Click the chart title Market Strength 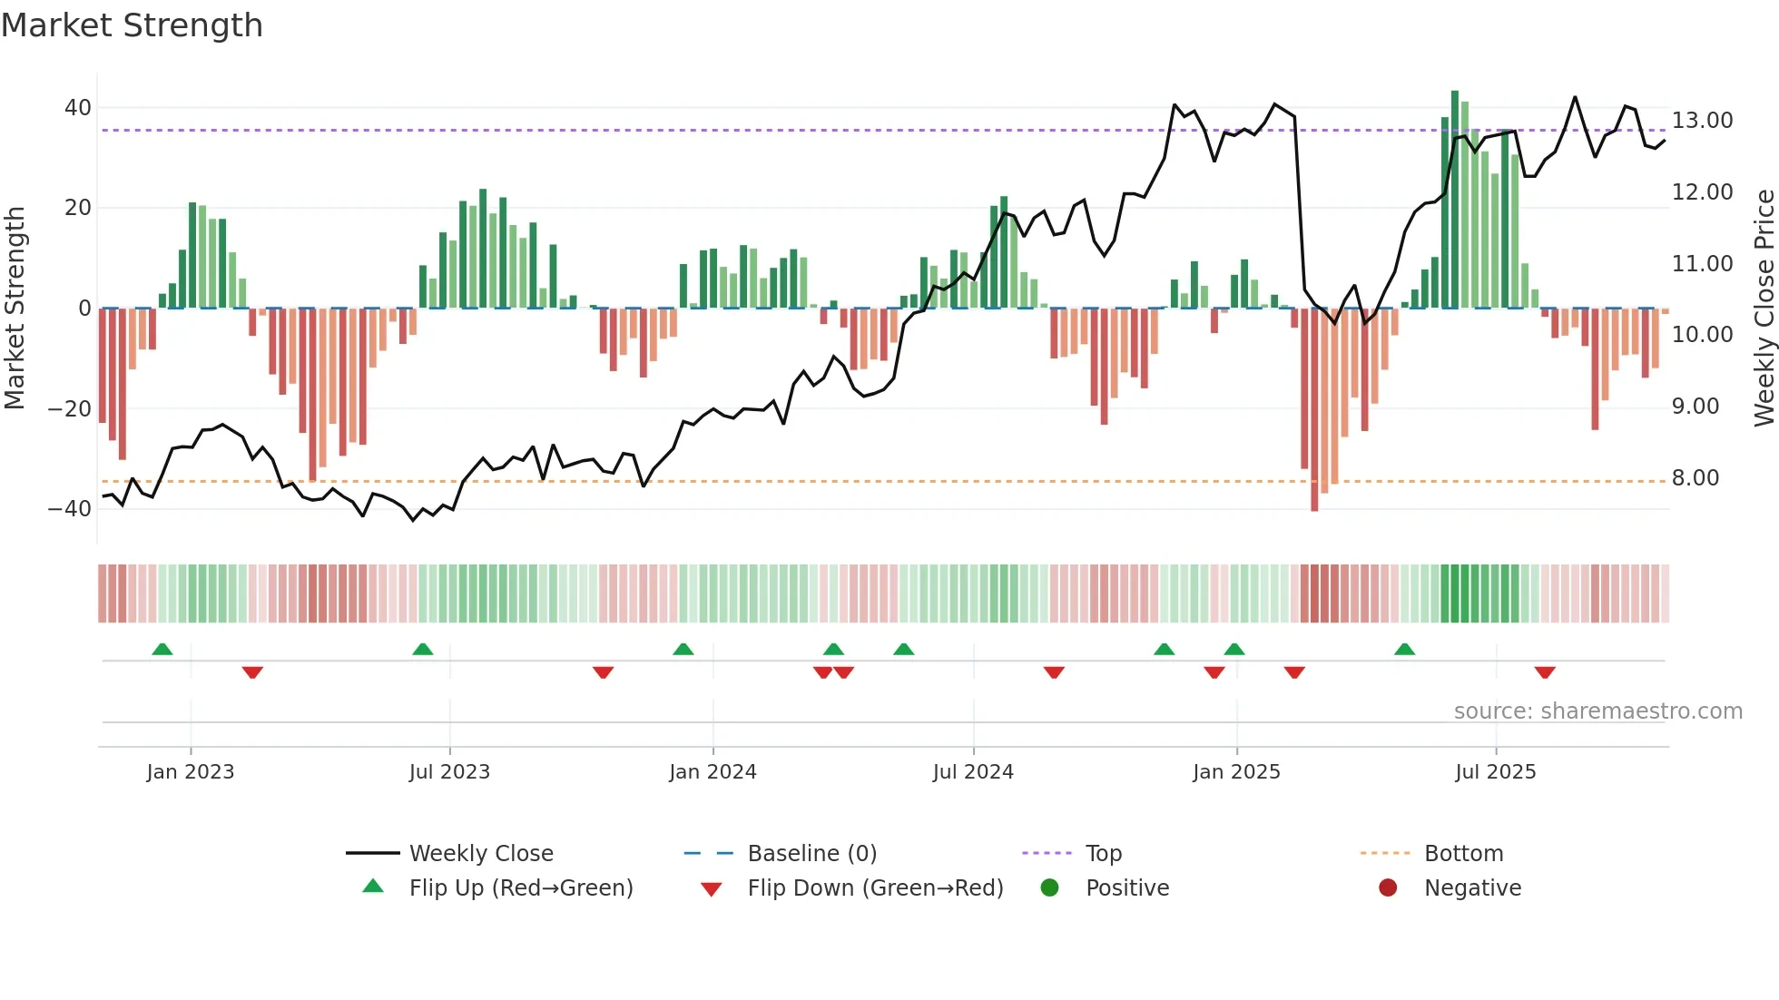[x=132, y=25]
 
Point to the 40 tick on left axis [x=77, y=108]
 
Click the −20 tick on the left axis [x=70, y=408]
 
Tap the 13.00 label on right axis [x=1702, y=121]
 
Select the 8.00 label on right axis [x=1695, y=478]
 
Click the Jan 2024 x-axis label [x=713, y=772]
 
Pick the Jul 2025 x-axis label [x=1495, y=772]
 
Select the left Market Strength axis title [x=15, y=309]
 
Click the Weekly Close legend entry [x=480, y=854]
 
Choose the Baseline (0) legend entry [x=811, y=854]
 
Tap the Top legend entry [x=1103, y=854]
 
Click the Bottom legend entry [x=1463, y=854]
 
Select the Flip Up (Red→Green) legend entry [x=520, y=888]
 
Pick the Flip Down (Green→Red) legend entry [x=875, y=888]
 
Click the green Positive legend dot [x=1049, y=888]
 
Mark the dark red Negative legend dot [x=1388, y=888]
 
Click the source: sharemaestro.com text [x=1597, y=711]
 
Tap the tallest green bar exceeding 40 [x=1455, y=200]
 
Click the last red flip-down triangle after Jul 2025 [x=1545, y=672]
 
